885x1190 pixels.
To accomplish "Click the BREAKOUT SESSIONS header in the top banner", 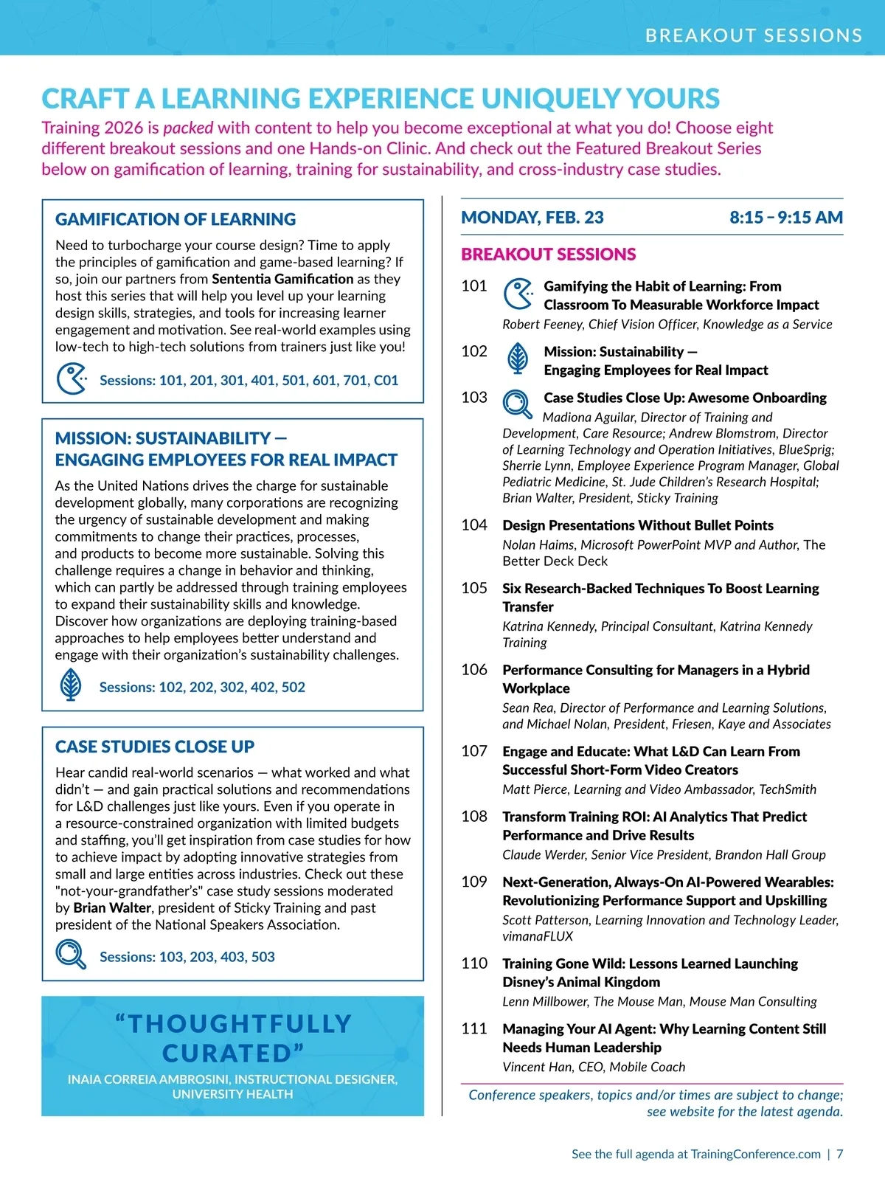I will point(753,35).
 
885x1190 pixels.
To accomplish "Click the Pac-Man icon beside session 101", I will point(518,294).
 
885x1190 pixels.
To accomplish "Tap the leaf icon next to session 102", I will point(518,359).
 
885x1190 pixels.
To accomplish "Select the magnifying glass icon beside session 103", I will point(517,404).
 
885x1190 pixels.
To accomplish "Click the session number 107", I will point(474,751).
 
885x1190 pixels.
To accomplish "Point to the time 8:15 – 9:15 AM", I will point(785,218).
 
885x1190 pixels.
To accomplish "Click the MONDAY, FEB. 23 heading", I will point(532,218).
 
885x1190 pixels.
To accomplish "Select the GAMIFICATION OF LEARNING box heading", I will point(176,219).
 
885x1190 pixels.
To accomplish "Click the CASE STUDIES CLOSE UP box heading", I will point(155,747).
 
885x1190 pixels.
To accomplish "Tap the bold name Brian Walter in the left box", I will point(112,907).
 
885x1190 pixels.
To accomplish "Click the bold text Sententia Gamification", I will point(282,279).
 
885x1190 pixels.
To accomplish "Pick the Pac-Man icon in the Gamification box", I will point(72,379).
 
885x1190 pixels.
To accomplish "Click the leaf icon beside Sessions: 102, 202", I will point(71,685).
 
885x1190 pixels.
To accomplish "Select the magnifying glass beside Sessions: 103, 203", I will point(71,955).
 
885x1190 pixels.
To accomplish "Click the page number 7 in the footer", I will point(839,1154).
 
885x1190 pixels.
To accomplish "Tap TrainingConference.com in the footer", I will point(755,1154).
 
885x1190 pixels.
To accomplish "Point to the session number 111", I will point(474,1028).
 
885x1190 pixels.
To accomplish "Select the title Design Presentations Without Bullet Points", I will point(638,525).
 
